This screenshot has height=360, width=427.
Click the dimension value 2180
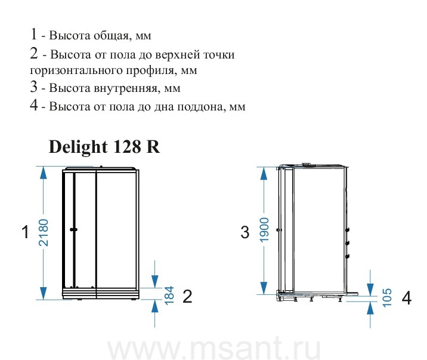pos(44,232)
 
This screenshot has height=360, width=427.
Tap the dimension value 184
pos(169,295)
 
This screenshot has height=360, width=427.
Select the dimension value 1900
pos(264,230)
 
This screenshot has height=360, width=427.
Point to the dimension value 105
pos(387,298)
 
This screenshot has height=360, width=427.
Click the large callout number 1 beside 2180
pos(25,232)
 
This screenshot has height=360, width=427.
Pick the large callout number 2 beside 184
pos(187,296)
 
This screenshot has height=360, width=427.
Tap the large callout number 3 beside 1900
pos(245,232)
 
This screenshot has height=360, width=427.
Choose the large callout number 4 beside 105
pos(406,298)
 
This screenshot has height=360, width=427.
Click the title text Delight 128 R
pos(104,147)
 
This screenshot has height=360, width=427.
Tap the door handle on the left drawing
pos(73,230)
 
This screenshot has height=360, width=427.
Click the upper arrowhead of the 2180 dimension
pos(44,173)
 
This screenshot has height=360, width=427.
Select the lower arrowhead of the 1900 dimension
pos(264,288)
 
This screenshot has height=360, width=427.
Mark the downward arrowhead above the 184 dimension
pos(154,282)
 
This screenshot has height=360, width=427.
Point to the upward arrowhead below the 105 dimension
pos(370,308)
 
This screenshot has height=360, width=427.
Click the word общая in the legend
pos(111,36)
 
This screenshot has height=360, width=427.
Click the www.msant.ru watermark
pos(214,348)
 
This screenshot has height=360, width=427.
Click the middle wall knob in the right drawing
pos(348,243)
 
